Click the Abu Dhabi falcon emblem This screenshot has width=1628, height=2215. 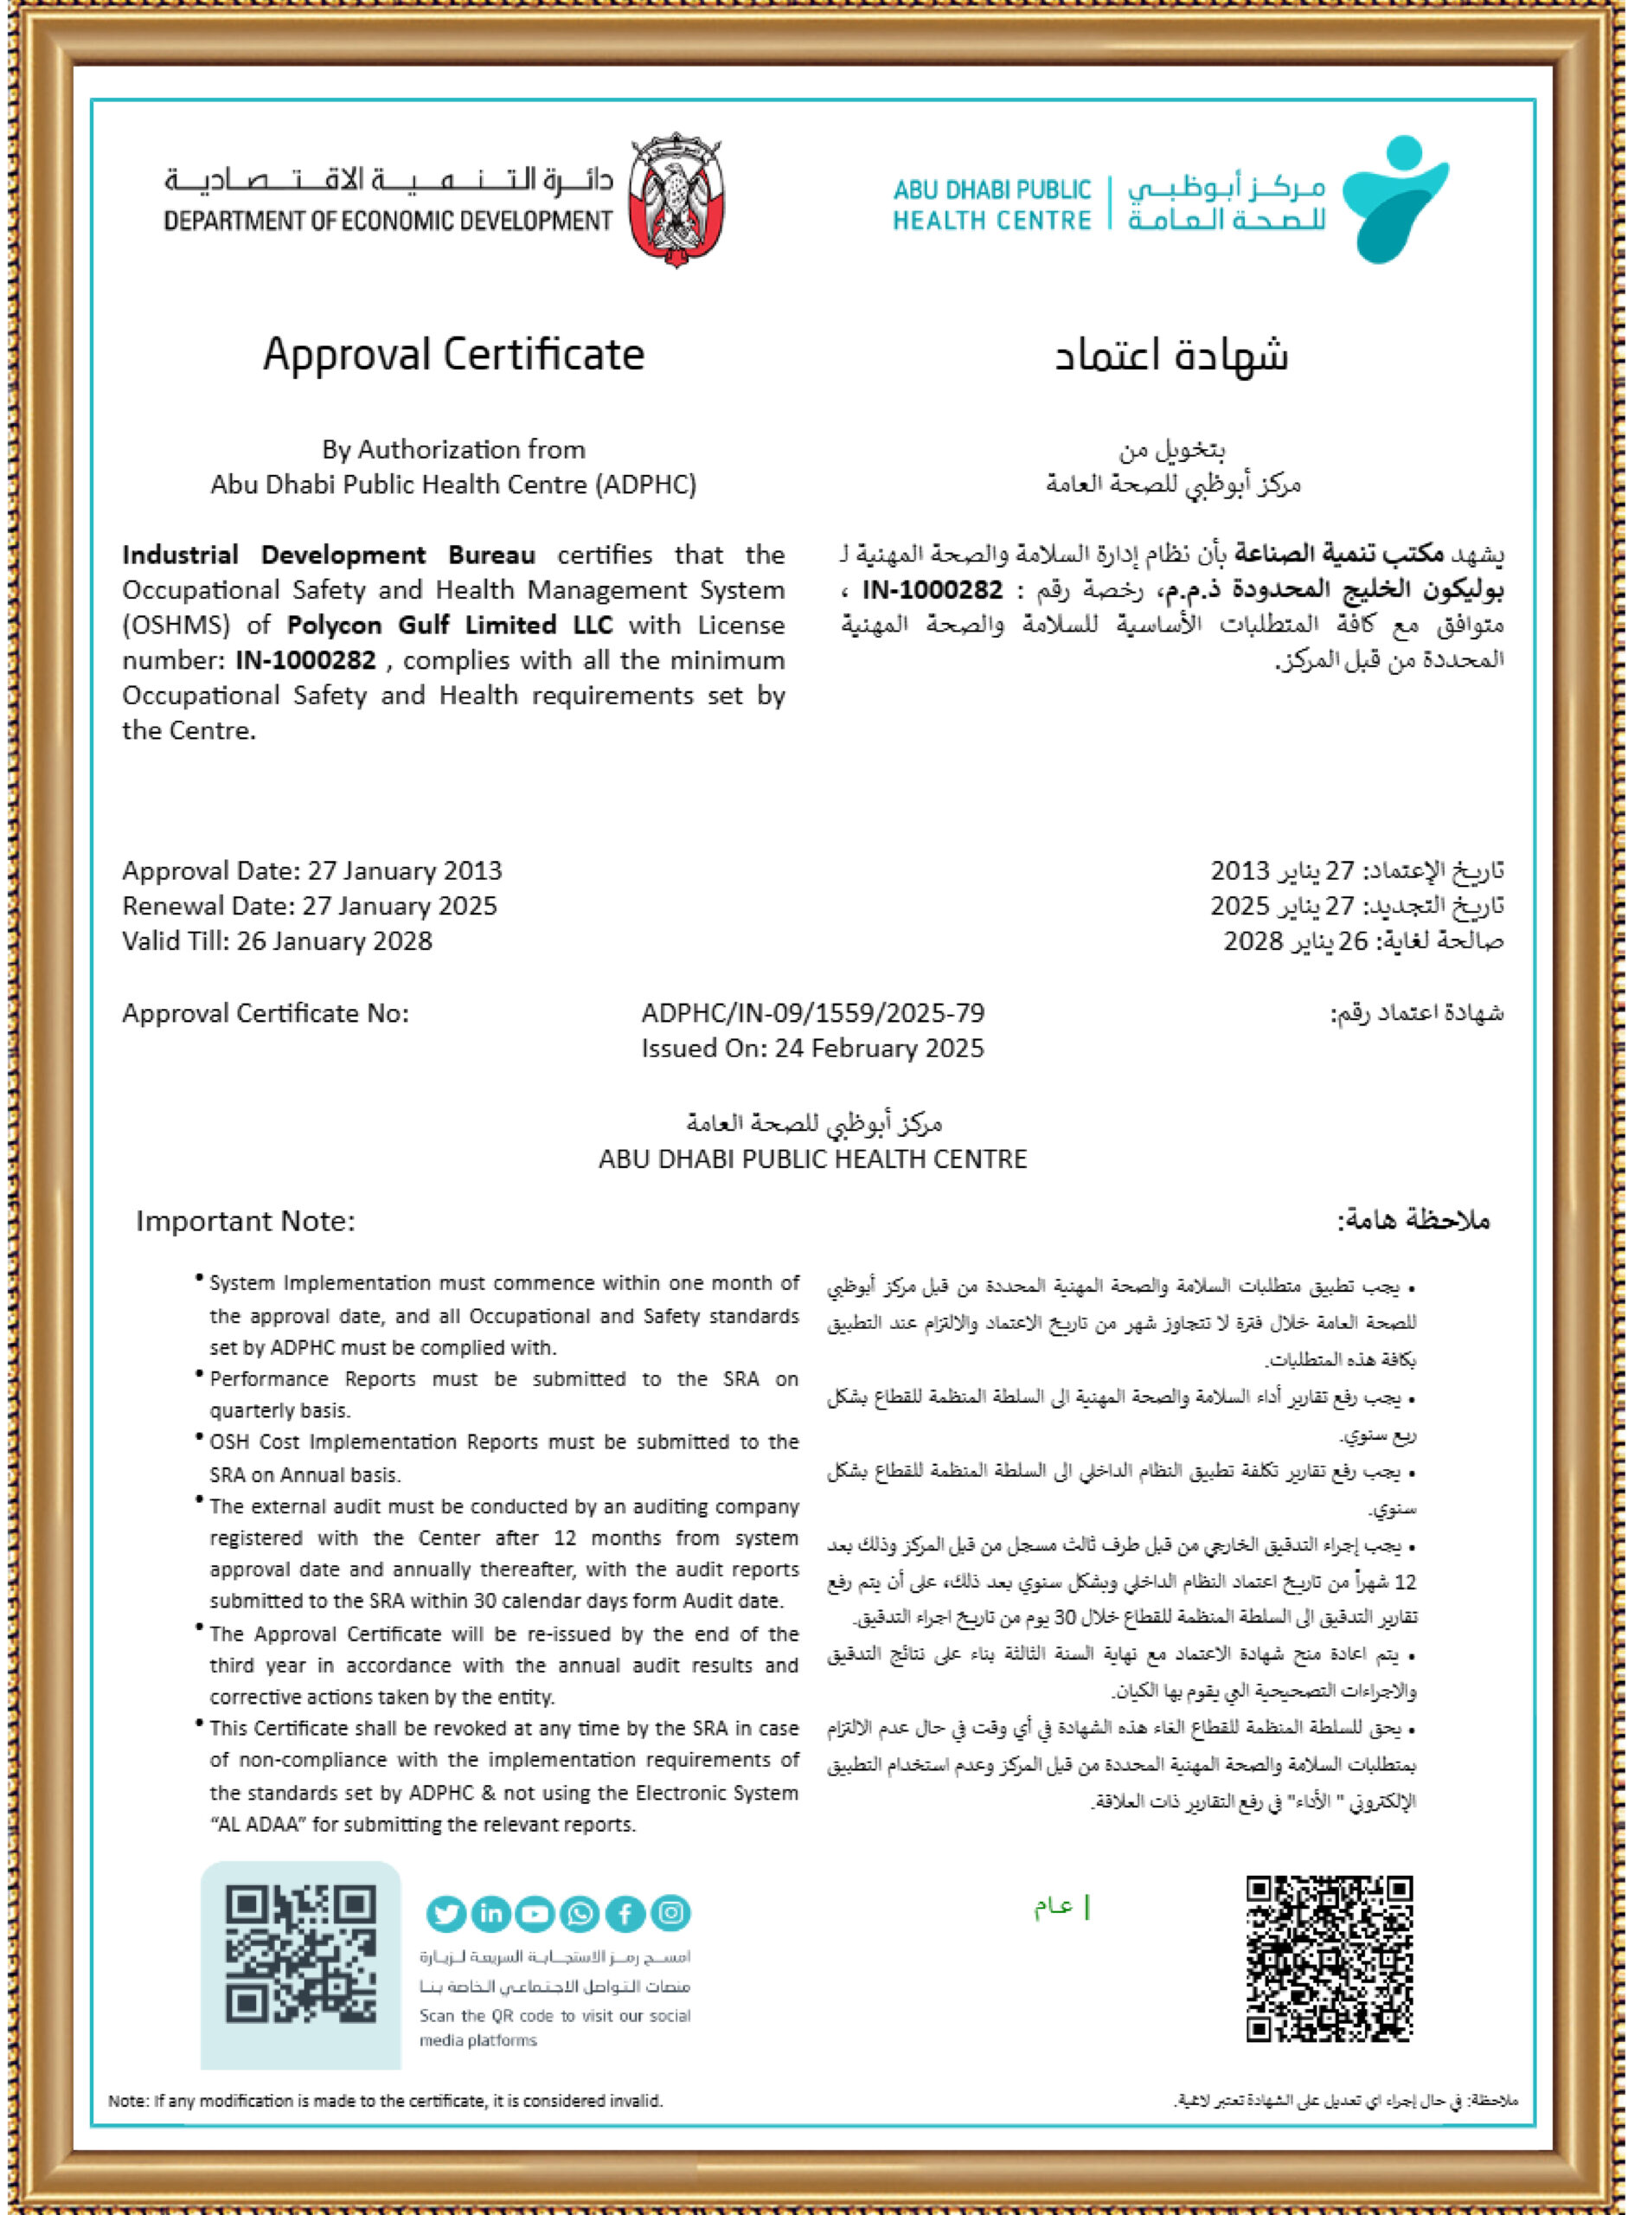[676, 200]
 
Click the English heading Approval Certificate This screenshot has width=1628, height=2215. [453, 355]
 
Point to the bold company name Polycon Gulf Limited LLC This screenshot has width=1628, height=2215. [449, 625]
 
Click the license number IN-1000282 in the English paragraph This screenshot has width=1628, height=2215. [305, 660]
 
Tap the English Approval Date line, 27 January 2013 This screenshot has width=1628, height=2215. [311, 870]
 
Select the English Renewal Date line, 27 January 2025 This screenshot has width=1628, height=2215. [310, 906]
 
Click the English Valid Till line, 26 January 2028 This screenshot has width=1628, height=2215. [277, 941]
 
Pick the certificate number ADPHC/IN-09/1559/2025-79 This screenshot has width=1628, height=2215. [813, 1013]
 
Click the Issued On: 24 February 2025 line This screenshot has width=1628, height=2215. [813, 1048]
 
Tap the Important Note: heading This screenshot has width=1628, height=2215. [246, 1222]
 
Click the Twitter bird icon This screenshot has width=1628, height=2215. [445, 1913]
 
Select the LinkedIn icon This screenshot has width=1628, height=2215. [490, 1913]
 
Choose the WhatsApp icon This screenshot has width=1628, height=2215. [580, 1913]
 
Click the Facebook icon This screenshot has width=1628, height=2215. [625, 1913]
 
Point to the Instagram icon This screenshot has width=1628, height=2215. [670, 1913]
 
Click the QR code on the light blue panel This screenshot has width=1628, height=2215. [300, 1952]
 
